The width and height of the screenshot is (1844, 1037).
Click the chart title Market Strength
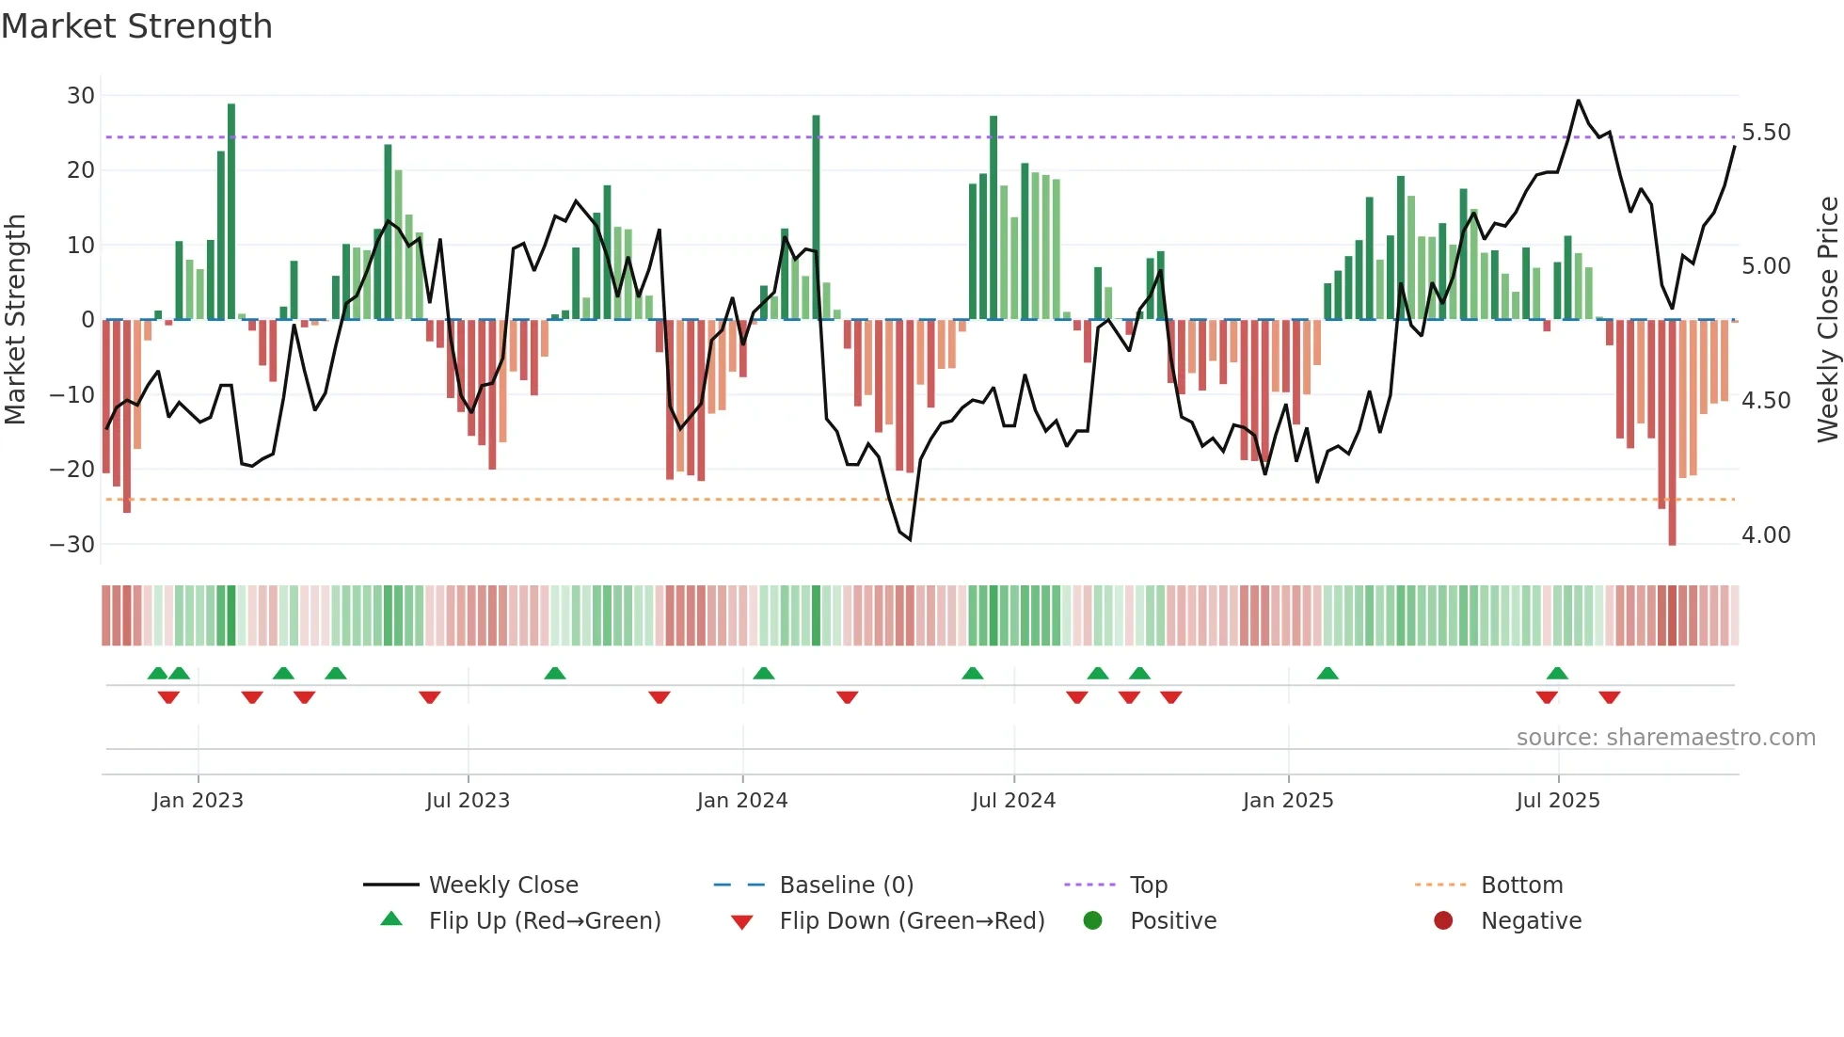pos(136,26)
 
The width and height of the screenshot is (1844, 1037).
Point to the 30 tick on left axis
pos(81,96)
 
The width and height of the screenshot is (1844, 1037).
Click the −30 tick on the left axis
pos(72,545)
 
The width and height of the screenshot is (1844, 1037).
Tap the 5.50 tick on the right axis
pos(1766,133)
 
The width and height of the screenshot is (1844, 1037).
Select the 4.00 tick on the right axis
pos(1766,535)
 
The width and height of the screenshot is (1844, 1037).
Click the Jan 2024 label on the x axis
pos(741,801)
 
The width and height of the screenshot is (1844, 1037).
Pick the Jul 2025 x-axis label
pos(1557,801)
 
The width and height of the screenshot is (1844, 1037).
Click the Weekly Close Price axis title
pos(1827,319)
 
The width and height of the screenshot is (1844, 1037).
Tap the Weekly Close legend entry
pos(503,885)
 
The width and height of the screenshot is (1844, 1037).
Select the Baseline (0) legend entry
pos(846,885)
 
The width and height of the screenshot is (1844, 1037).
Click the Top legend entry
pos(1148,885)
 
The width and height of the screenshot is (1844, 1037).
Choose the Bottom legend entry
pos(1521,885)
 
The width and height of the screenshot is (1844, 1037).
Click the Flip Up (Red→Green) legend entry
pos(545,921)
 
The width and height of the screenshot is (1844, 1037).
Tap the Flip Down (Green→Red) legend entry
pos(912,921)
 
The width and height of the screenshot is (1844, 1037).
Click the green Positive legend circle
pos(1092,920)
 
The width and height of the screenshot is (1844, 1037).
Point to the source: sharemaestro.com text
pos(1665,738)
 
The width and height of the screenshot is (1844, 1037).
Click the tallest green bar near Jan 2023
pos(231,212)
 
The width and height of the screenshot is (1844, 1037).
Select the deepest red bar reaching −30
pos(1672,433)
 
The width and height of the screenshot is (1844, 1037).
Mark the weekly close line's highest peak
pos(1579,101)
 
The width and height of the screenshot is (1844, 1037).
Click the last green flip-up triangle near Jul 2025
pos(1557,673)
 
